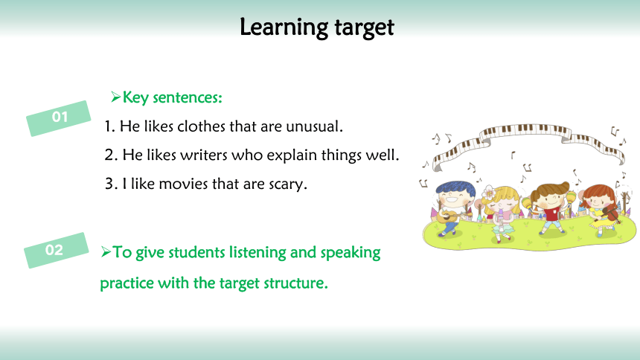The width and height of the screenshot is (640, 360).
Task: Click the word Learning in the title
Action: tap(284, 28)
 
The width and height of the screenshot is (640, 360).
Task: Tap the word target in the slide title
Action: tap(364, 28)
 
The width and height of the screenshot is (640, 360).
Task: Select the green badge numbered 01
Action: tap(58, 118)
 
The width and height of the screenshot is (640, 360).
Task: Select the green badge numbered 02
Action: tap(56, 250)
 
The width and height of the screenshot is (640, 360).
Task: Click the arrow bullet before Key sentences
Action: tap(115, 97)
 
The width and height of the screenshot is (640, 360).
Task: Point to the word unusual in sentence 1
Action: tap(314, 126)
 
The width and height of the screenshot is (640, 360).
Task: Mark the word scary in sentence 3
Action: tap(288, 185)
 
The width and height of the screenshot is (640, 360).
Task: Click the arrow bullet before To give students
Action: tap(106, 252)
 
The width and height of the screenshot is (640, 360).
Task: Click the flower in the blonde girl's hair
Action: tap(489, 192)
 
